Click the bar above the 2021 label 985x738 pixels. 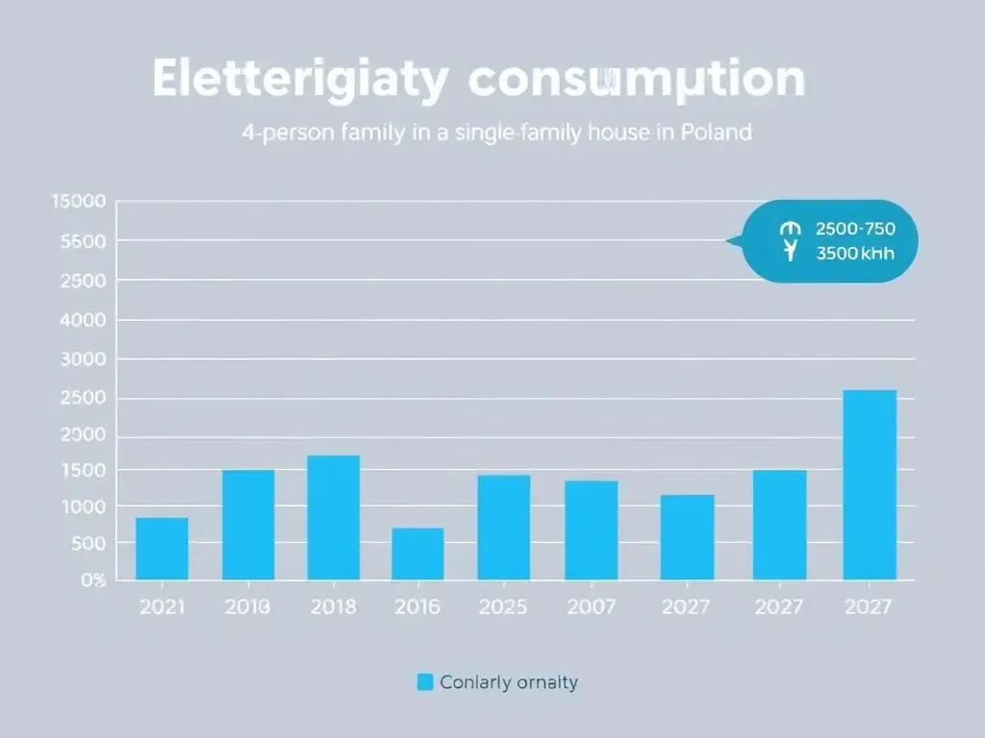[162, 549]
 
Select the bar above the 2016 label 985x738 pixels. [417, 553]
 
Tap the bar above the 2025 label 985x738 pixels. [504, 527]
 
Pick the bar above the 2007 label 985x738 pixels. [591, 529]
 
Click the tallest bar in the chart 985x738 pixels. [870, 484]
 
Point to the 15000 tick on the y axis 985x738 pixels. [80, 202]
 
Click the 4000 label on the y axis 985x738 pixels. [83, 320]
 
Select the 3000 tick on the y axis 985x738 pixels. [83, 359]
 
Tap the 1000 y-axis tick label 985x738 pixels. [83, 506]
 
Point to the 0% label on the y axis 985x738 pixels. [92, 579]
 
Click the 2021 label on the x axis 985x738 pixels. [162, 606]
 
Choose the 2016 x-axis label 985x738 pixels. [417, 606]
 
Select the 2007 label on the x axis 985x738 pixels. [591, 606]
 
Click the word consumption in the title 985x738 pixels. [636, 81]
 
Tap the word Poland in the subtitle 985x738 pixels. [715, 133]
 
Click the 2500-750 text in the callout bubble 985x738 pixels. [855, 230]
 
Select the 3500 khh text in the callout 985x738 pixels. [855, 255]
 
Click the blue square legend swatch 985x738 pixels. [424, 682]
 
